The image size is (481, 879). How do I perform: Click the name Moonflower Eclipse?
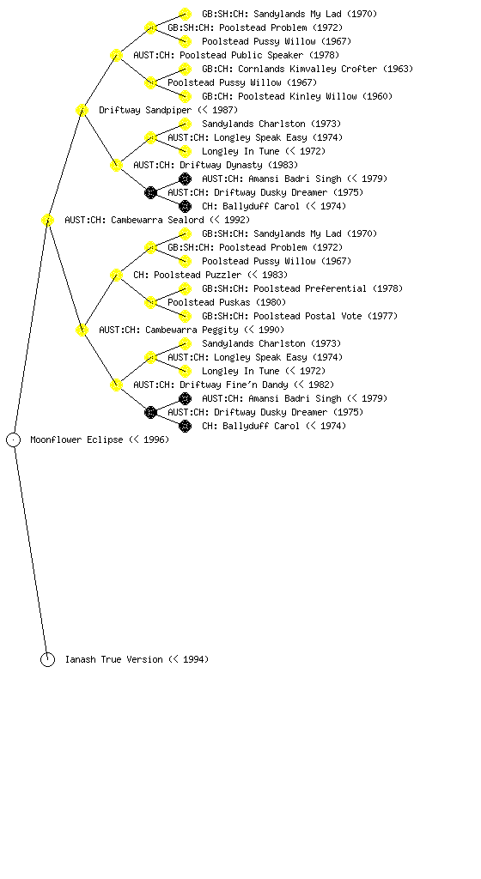(76, 439)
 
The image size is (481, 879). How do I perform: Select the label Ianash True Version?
(113, 659)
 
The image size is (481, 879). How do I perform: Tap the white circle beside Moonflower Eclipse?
(14, 440)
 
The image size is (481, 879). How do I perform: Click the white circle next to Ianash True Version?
(47, 660)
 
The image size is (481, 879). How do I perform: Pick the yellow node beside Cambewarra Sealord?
(47, 221)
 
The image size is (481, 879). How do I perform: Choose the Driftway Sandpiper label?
(145, 110)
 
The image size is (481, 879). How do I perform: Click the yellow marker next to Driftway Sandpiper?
(82, 111)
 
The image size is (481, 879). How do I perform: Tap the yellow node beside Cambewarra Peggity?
(82, 330)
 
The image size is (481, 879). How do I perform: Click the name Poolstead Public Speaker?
(241, 55)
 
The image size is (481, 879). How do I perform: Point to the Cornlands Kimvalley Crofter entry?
(307, 69)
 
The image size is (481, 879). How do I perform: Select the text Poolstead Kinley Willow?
(297, 96)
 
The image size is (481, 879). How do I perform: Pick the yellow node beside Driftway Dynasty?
(116, 166)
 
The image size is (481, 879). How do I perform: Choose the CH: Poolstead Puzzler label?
(187, 275)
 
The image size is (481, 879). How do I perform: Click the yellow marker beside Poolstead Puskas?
(150, 303)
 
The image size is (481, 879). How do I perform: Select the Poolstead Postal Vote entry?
(307, 316)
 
